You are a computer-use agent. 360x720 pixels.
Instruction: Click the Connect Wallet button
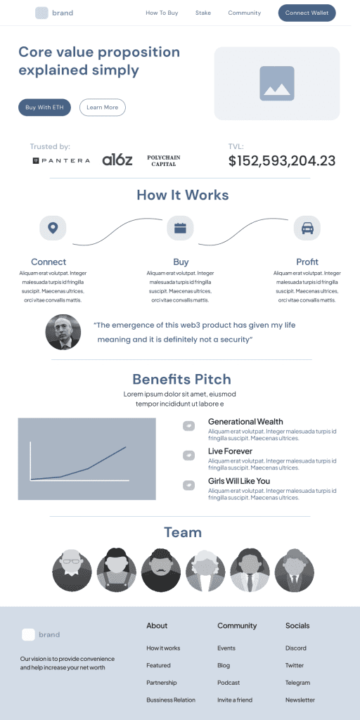click(x=307, y=13)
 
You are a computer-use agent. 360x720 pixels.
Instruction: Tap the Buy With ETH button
click(x=44, y=108)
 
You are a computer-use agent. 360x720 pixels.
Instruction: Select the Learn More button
click(x=103, y=108)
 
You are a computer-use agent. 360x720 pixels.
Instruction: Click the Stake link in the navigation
click(x=203, y=13)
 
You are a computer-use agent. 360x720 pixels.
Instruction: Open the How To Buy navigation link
click(x=162, y=13)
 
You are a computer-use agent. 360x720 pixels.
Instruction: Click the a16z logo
click(x=117, y=160)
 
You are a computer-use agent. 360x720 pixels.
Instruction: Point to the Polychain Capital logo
click(x=163, y=161)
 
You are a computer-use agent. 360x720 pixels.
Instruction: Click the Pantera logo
click(x=62, y=161)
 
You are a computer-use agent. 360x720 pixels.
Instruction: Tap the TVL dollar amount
click(x=282, y=161)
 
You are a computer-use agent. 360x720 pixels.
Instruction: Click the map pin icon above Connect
click(x=53, y=228)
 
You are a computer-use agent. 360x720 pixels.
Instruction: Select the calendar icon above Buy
click(x=180, y=228)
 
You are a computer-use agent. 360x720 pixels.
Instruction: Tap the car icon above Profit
click(x=307, y=228)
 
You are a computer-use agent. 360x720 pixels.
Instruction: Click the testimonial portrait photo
click(x=63, y=332)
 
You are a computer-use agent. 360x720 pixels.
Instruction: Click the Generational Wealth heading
click(x=245, y=422)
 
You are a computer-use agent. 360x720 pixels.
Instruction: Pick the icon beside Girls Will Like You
click(x=188, y=485)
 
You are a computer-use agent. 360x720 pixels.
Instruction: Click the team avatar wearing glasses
click(x=72, y=570)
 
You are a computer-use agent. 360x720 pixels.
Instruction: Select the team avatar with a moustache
click(x=161, y=570)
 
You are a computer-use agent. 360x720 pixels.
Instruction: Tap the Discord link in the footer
click(x=296, y=648)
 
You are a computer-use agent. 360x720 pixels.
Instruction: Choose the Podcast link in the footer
click(x=229, y=682)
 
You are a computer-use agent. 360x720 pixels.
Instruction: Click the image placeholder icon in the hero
click(x=277, y=84)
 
